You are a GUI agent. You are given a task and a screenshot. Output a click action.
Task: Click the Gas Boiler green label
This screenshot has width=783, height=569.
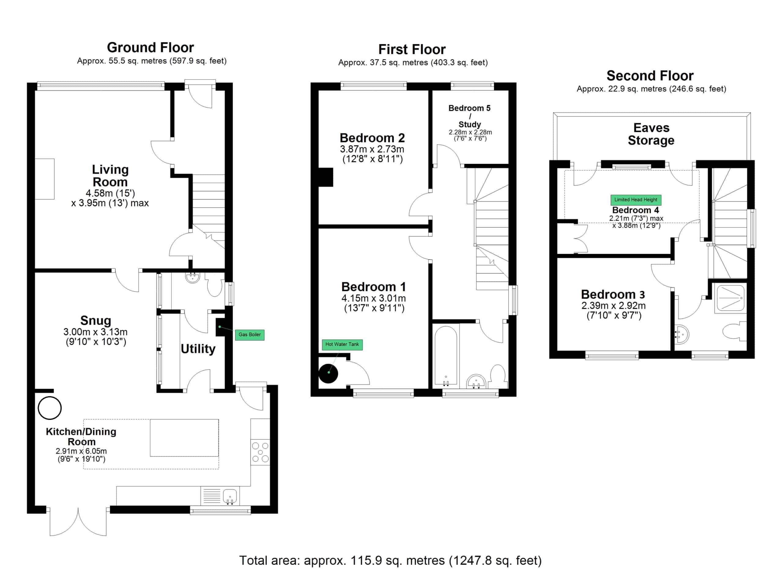(250, 335)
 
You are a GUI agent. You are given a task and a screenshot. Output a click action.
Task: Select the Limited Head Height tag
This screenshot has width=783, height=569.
(636, 200)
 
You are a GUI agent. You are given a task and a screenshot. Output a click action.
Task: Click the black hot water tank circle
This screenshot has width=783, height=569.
(328, 373)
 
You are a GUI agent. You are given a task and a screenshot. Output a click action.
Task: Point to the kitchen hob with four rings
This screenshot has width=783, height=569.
(260, 452)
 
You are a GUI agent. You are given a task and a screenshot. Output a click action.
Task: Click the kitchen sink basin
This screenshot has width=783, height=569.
(230, 497)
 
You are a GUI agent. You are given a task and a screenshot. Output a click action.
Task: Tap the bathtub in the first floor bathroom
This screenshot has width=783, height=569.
(446, 356)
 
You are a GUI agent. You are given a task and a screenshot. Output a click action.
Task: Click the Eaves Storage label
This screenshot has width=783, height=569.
(651, 134)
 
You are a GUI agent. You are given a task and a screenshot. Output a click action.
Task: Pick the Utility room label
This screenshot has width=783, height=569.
(198, 349)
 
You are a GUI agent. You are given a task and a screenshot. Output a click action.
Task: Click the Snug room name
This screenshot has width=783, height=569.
(96, 321)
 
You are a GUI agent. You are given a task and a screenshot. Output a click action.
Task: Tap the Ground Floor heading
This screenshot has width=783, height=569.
(150, 47)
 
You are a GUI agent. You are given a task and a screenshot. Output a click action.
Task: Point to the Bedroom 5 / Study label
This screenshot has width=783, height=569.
(469, 116)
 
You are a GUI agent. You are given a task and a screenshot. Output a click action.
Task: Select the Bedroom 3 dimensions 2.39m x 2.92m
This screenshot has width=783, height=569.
(614, 306)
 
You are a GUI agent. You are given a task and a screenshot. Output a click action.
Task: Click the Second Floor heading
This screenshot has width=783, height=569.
(650, 75)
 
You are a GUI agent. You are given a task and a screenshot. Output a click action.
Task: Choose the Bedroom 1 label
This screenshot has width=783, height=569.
(373, 287)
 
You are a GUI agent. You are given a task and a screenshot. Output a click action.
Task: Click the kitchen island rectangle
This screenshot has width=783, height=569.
(184, 438)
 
